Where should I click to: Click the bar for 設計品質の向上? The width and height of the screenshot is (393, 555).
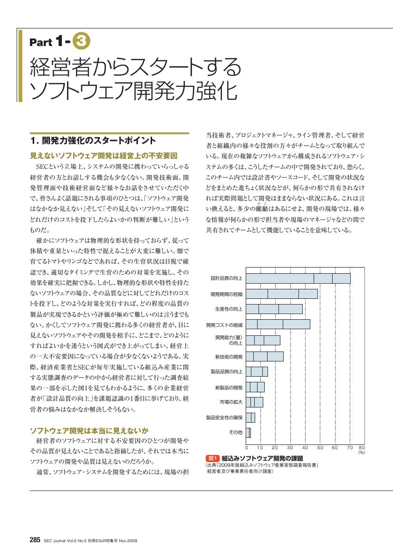[x=298, y=278]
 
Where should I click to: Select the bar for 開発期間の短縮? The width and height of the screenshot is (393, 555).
[x=282, y=294]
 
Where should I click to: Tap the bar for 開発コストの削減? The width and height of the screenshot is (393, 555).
[x=278, y=324]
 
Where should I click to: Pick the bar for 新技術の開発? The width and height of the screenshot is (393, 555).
[x=265, y=356]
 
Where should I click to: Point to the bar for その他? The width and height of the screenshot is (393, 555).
[x=248, y=433]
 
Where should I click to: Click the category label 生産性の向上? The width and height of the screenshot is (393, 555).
[x=229, y=309]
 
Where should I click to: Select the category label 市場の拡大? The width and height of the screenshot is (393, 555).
[x=231, y=402]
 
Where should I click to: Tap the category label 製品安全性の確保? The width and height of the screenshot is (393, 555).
[x=224, y=417]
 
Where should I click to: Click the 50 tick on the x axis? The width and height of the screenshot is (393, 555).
[x=320, y=448]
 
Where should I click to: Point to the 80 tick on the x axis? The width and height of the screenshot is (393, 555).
[x=362, y=448]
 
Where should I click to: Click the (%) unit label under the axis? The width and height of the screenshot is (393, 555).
[x=362, y=453]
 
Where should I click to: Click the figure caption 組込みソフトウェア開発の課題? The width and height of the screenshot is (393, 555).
[x=262, y=458]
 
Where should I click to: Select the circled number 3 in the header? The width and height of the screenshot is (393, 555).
[x=81, y=41]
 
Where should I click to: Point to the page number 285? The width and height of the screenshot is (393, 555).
[x=35, y=540]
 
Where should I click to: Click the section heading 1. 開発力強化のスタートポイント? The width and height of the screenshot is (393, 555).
[x=93, y=140]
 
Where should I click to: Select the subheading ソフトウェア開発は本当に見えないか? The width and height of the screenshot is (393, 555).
[x=89, y=431]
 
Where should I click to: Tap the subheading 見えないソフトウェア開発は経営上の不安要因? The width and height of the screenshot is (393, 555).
[x=104, y=156]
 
